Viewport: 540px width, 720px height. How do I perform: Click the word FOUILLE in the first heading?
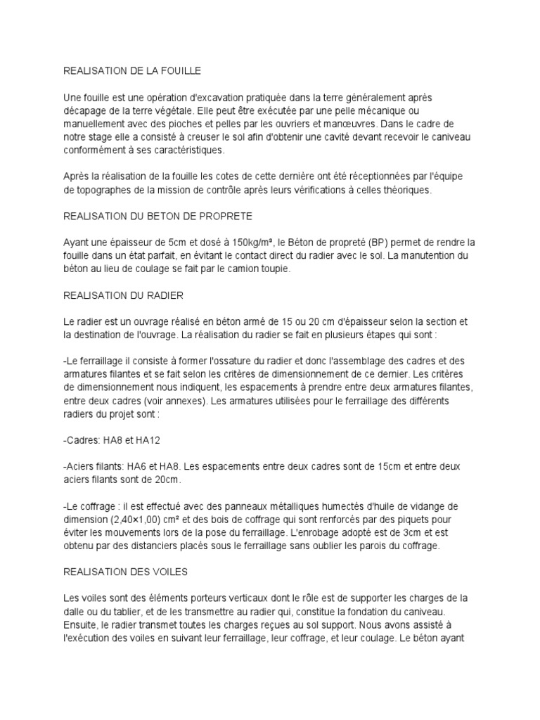(180, 71)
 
